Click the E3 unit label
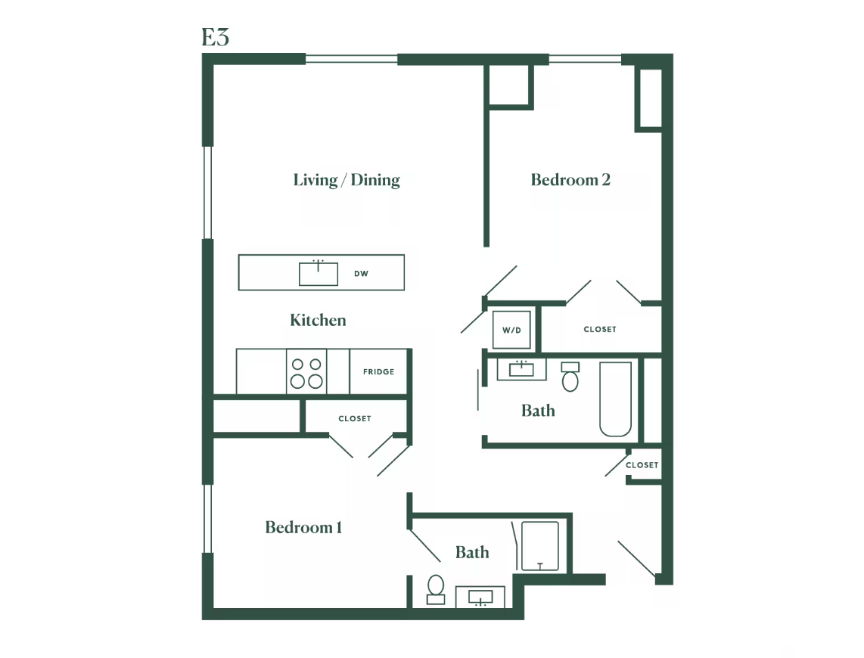(x=215, y=38)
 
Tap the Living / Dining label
(x=347, y=180)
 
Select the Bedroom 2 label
(x=570, y=180)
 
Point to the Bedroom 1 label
(x=303, y=527)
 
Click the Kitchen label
(x=318, y=320)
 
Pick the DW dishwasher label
(x=361, y=274)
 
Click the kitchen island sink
(x=319, y=273)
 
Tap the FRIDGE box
(x=378, y=371)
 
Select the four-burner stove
(x=306, y=372)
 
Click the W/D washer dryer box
(x=511, y=330)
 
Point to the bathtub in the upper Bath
(x=616, y=399)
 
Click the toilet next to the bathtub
(x=570, y=377)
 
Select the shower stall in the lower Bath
(x=540, y=546)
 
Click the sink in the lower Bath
(x=480, y=597)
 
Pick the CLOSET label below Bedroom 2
(x=600, y=329)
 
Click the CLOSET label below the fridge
(x=355, y=418)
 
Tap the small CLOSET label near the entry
(x=642, y=464)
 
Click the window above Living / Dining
(x=352, y=59)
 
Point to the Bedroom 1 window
(x=208, y=518)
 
